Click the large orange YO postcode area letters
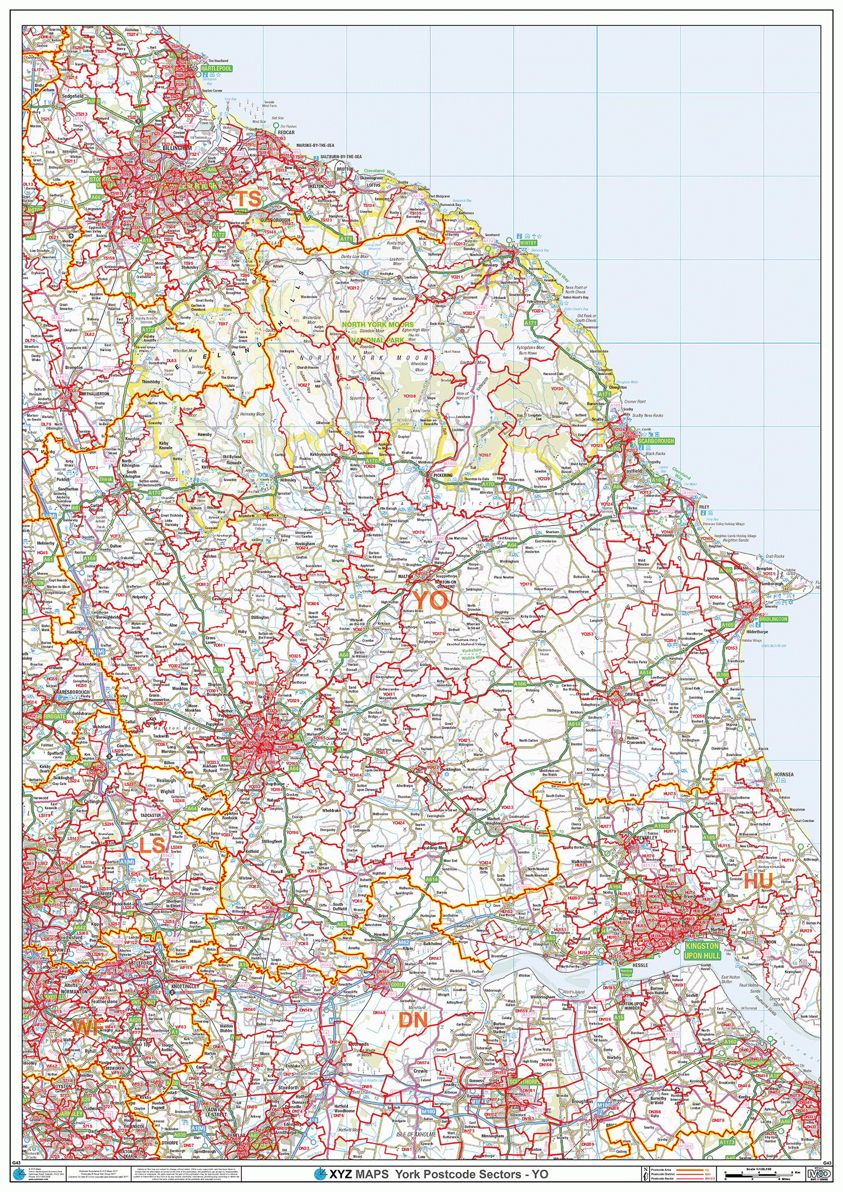pos(430,601)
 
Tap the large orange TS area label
pos(248,198)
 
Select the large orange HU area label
pos(758,881)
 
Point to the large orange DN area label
pos(413,1020)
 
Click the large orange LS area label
pos(152,845)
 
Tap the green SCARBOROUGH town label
pos(656,441)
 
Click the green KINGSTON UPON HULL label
pos(702,950)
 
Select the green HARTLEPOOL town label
pos(216,69)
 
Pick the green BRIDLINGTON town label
pos(773,619)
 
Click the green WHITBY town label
pos(528,243)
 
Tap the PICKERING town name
pos(443,475)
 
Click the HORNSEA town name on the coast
pos(783,774)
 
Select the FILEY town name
pos(704,507)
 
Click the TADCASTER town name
pos(151,815)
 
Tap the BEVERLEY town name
pos(646,838)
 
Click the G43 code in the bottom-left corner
pos(16,1163)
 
